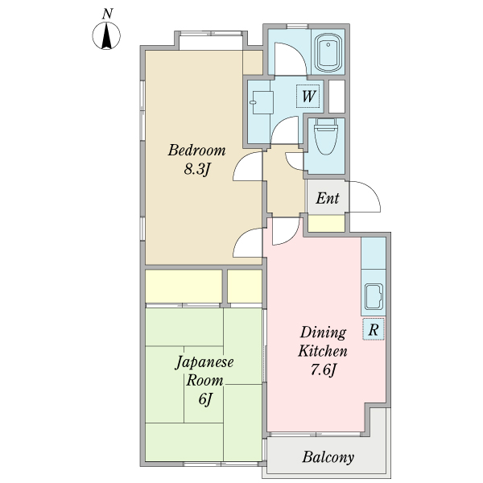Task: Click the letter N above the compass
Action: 107,13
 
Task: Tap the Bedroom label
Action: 196,151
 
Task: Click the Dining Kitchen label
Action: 323,342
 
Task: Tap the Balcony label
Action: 328,458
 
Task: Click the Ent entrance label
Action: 327,199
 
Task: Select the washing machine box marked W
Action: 308,97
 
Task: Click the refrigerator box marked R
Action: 374,328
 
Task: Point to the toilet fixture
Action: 326,137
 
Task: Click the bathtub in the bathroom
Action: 329,52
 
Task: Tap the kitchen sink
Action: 374,297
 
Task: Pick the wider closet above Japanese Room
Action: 184,286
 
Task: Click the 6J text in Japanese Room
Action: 204,399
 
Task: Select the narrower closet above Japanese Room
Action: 245,286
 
